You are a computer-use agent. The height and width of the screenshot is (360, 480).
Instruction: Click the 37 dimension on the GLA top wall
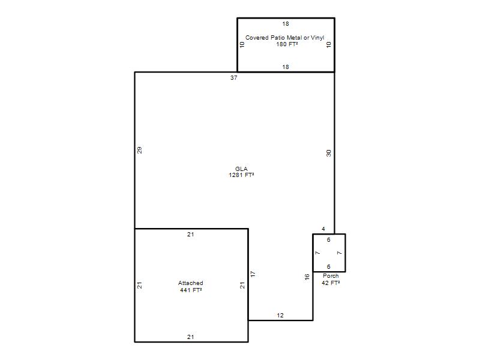pos(234,78)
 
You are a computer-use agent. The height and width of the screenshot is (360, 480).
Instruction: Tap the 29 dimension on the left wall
pos(140,151)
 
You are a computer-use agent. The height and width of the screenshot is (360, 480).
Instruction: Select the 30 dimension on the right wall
pos(328,153)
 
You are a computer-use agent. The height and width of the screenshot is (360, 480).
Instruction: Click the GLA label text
pos(241,169)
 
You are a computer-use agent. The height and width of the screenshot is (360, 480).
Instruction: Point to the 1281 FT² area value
pos(241,175)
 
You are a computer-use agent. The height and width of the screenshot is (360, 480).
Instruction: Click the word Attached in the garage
pos(190,283)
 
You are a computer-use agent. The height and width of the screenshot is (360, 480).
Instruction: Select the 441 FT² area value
pos(191,290)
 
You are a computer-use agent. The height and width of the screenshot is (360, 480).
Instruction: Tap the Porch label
pos(331,276)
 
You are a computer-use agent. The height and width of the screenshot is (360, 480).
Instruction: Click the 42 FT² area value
pos(331,283)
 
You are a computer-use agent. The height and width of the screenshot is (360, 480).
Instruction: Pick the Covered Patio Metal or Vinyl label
pos(284,38)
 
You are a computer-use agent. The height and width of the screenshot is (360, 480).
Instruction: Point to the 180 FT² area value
pos(287,44)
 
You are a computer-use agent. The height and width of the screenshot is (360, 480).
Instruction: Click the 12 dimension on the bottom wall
pos(280,316)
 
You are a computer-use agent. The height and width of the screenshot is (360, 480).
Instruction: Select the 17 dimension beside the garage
pos(253,274)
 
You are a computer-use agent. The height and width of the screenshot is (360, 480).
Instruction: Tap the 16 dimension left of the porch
pos(307,277)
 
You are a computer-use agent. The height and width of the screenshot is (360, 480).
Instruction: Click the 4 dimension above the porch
pos(323,229)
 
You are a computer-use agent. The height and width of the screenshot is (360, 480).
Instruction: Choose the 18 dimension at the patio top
pos(286,23)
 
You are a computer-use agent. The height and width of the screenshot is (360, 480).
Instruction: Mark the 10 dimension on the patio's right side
pos(328,44)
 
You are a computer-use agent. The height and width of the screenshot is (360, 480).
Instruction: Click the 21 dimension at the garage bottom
pos(190,337)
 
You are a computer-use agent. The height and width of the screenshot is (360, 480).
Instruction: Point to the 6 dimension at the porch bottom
pos(328,266)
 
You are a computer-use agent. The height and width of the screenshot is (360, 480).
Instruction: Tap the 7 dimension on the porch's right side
pos(339,253)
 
